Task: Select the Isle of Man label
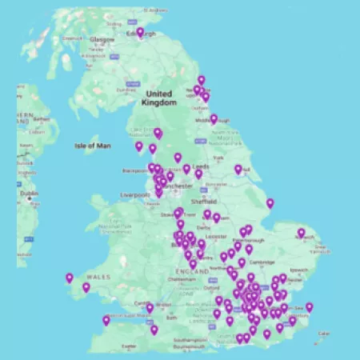(x=90, y=146)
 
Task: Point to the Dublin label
(x=30, y=194)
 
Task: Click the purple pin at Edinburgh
(x=141, y=33)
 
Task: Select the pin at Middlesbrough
(x=214, y=119)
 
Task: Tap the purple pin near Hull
(x=238, y=169)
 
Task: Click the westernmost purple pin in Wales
(x=70, y=278)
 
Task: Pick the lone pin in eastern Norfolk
(x=302, y=233)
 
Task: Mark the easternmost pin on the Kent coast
(x=310, y=306)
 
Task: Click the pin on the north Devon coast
(x=106, y=320)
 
